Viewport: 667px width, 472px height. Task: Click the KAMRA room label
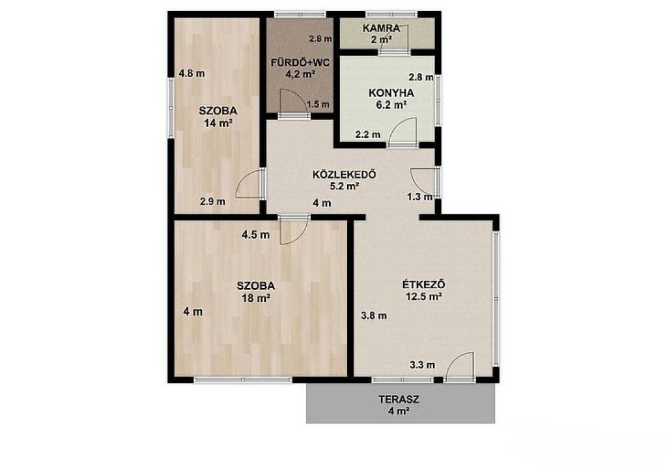point(381,29)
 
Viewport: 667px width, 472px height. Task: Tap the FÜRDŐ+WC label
point(300,63)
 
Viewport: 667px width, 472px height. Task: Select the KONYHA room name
point(391,93)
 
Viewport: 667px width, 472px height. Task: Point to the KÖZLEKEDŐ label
point(345,175)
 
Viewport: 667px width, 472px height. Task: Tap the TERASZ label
point(399,400)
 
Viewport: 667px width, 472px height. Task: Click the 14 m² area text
point(218,123)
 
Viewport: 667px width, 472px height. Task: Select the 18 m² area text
point(256,298)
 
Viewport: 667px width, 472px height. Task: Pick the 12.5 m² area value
point(423,297)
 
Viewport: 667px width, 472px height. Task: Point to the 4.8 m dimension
point(192,73)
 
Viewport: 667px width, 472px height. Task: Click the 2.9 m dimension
point(213,201)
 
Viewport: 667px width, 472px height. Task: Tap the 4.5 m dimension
point(255,235)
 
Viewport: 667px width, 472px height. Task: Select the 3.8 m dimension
point(374,316)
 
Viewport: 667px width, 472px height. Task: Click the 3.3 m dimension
point(422,364)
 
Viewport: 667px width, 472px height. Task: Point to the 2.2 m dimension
point(368,135)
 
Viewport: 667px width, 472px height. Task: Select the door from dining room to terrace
point(459,365)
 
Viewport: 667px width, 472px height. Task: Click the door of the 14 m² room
point(249,183)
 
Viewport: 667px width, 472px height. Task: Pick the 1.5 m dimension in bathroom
point(318,104)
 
